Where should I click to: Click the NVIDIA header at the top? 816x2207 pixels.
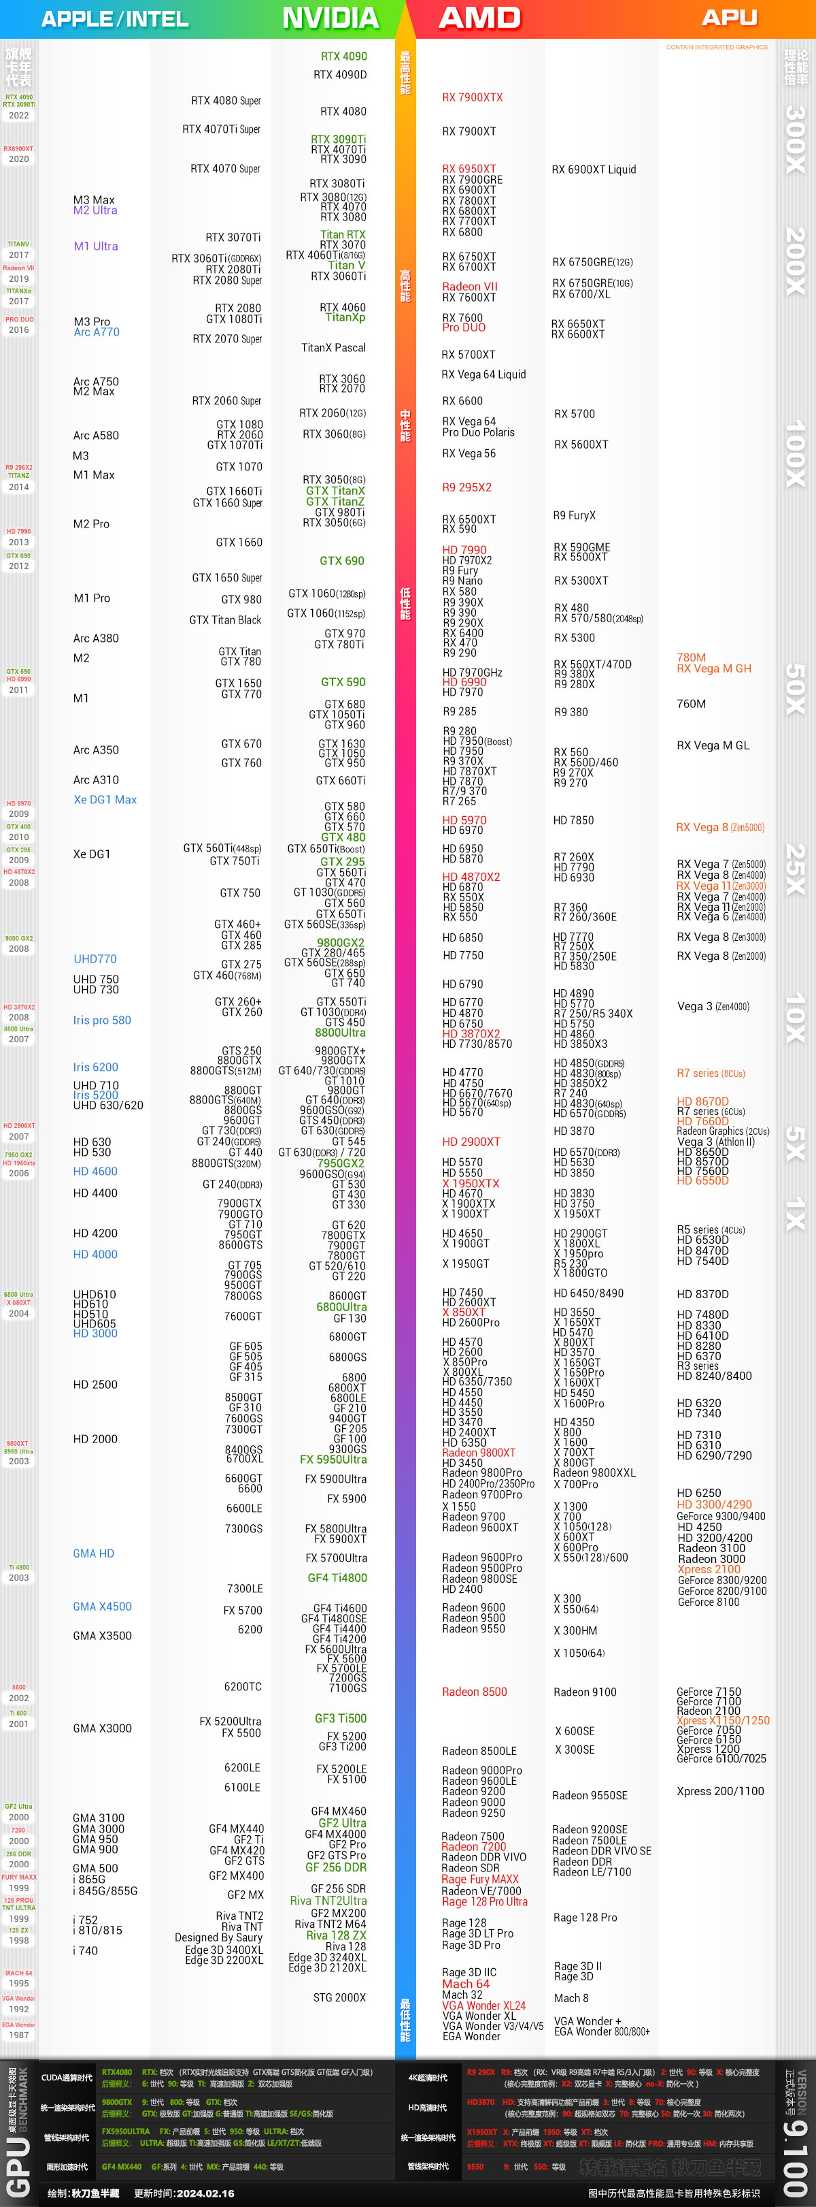pos(330,18)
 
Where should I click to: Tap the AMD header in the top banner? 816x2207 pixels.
pos(479,18)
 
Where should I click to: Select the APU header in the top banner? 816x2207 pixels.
pos(729,18)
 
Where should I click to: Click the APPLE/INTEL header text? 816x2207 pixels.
pos(115,19)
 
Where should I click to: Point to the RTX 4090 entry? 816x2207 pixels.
pos(343,57)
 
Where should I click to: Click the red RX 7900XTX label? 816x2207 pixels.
pos(472,97)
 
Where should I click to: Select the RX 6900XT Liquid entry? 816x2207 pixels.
pos(594,170)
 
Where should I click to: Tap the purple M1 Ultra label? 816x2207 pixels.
pos(96,246)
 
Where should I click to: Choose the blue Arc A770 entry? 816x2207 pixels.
pos(97,332)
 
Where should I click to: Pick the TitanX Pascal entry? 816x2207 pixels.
pos(333,348)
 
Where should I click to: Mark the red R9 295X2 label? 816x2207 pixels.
pos(466,487)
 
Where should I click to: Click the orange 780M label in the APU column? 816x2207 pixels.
pos(691,658)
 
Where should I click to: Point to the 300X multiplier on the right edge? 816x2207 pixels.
pos(796,139)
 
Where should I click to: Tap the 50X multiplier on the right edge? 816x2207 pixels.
pos(796,689)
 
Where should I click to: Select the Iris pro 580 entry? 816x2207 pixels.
pos(102,1020)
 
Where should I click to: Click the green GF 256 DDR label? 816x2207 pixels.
pos(336,1868)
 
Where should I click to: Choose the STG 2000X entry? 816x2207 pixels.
pos(339,1997)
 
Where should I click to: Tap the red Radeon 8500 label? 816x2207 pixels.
pos(475,1692)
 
